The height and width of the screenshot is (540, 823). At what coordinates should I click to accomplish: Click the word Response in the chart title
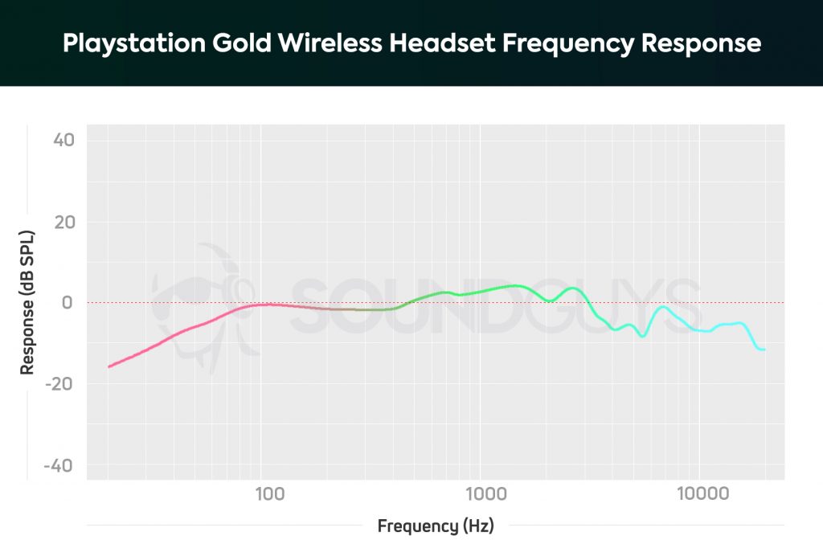coord(700,43)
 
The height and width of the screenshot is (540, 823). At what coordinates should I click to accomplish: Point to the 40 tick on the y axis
coord(63,140)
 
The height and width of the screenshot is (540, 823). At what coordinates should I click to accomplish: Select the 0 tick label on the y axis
coord(68,303)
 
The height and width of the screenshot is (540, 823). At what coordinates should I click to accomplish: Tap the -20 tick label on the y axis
coord(60,384)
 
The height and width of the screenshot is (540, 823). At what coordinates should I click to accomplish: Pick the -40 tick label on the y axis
coord(60,466)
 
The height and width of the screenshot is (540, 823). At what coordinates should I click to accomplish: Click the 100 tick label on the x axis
coord(269,493)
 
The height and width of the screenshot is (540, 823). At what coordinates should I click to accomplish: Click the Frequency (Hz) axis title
coord(435,526)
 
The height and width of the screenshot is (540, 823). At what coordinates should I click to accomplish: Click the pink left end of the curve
coord(110,366)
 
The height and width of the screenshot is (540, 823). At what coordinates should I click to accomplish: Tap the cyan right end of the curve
coord(764,350)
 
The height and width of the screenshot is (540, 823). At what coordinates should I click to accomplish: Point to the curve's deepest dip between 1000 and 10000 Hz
coord(642,336)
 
